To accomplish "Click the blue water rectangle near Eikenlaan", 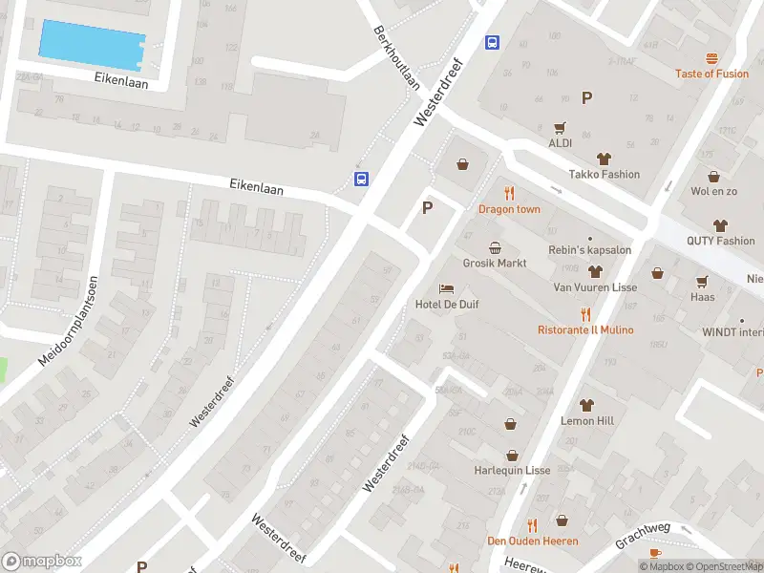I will tap(92, 42).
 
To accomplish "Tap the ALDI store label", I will tap(560, 143).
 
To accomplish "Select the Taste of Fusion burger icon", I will tap(711, 59).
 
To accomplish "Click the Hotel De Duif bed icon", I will tap(446, 288).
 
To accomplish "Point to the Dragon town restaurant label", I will tap(509, 209).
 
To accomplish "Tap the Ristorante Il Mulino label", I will tap(585, 329).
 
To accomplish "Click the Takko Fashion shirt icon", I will tap(604, 159).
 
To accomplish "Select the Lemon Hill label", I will tap(586, 420).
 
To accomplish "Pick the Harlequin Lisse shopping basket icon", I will tap(512, 456).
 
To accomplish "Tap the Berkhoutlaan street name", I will tap(397, 57).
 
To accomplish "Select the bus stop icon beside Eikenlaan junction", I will tap(362, 179).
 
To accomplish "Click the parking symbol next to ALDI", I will tap(586, 96).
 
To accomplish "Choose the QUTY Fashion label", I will tap(720, 241).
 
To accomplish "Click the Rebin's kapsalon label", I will tap(589, 250).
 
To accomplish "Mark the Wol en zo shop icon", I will tap(713, 177).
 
